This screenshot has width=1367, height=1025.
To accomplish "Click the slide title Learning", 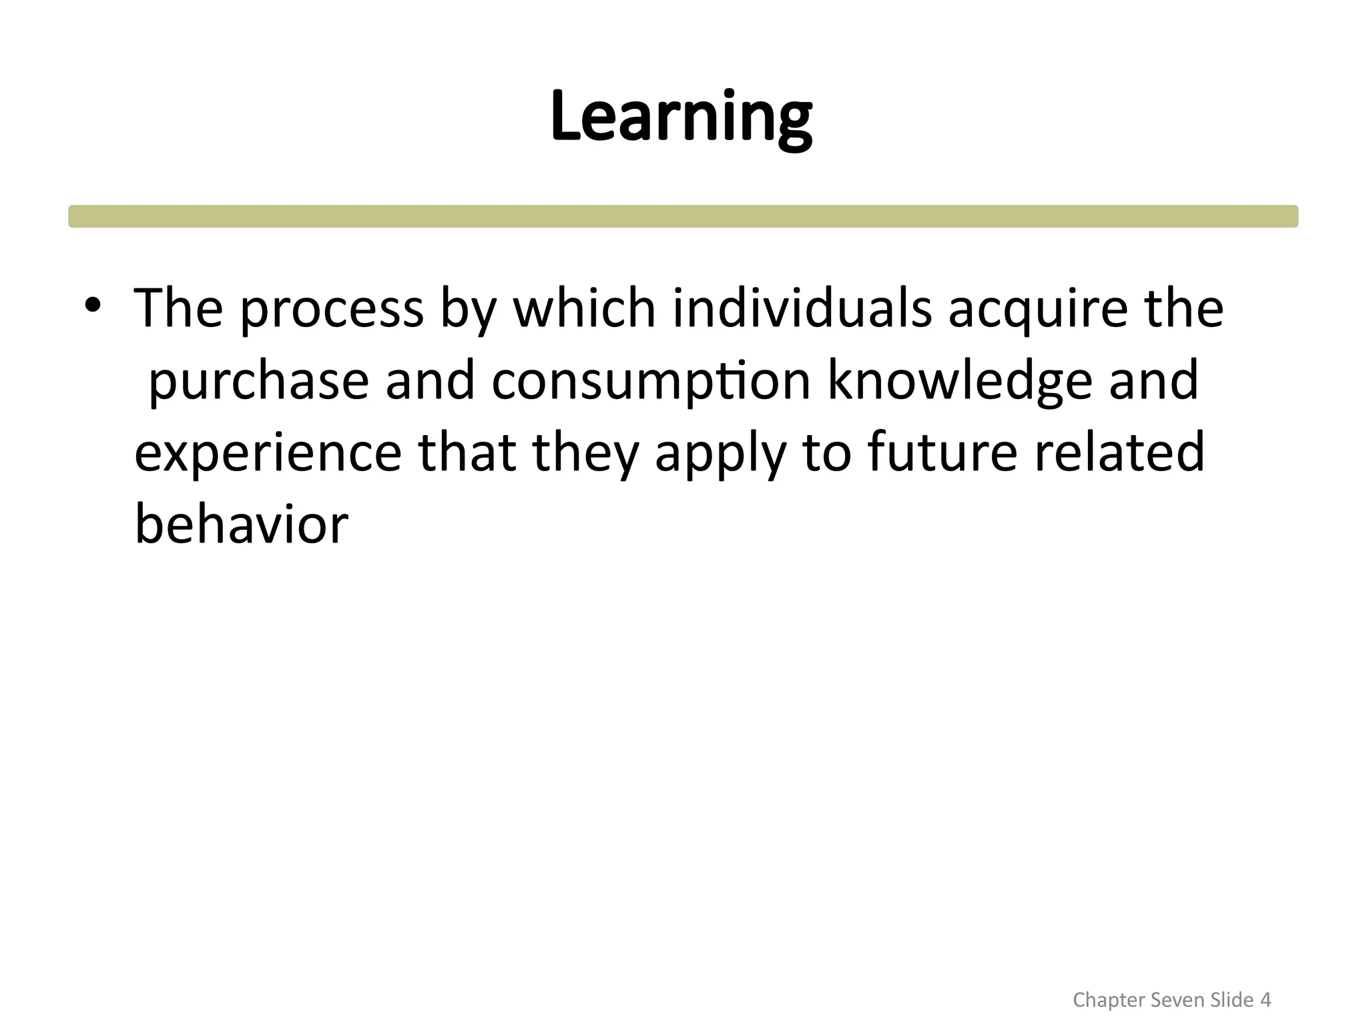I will pos(681,117).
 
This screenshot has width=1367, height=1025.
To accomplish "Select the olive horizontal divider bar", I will pos(683,216).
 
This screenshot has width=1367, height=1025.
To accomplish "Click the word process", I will pos(332,310).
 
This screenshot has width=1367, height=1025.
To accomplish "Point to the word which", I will pos(584,308).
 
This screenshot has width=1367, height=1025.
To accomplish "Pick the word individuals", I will pos(802,308).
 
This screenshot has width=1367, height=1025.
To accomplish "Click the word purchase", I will pos(258,381).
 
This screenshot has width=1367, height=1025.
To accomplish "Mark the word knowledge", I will pos(960,381).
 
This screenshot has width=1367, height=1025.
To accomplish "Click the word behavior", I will pos(242,525).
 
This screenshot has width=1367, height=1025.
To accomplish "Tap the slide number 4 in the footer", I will pos(1265,1000).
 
